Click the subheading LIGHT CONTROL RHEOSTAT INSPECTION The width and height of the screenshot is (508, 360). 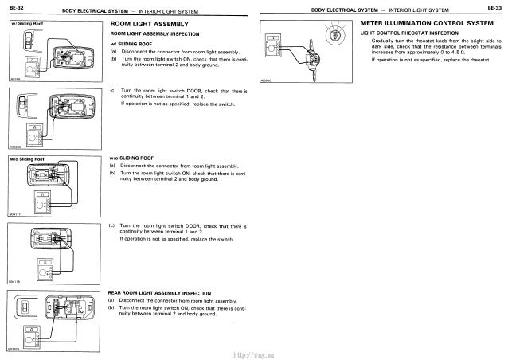405,34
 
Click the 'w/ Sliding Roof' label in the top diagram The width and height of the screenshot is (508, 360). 26,24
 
